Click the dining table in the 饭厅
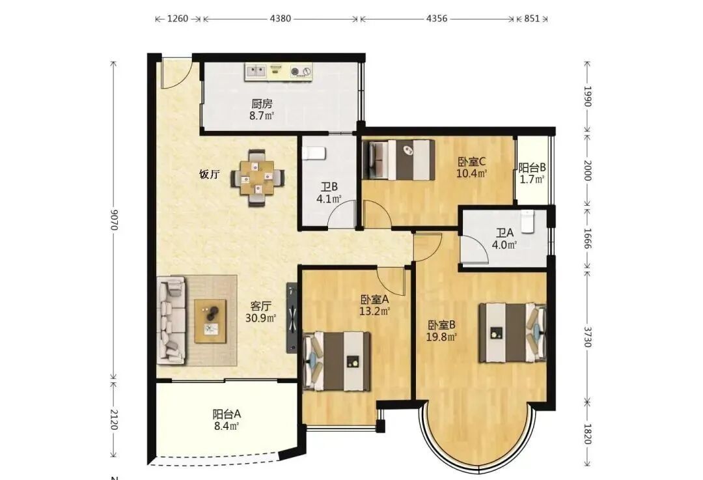pyautogui.click(x=257, y=178)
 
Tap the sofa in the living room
pyautogui.click(x=171, y=319)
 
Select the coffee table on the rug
pyautogui.click(x=210, y=320)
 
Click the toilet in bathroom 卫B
pyautogui.click(x=313, y=153)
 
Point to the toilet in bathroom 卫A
pyautogui.click(x=527, y=221)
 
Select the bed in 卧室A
pyautogui.click(x=337, y=361)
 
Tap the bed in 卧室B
pyautogui.click(x=512, y=332)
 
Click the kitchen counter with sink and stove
pyautogui.click(x=279, y=72)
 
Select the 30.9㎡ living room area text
pyautogui.click(x=260, y=318)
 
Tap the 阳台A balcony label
pyautogui.click(x=227, y=414)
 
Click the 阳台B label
pyautogui.click(x=532, y=168)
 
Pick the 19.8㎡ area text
pyautogui.click(x=441, y=337)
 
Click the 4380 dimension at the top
pyautogui.click(x=280, y=19)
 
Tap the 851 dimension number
pyautogui.click(x=532, y=19)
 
